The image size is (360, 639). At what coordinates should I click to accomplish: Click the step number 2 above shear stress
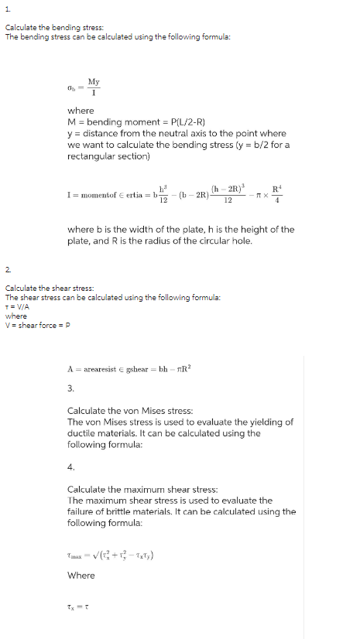(x=8, y=268)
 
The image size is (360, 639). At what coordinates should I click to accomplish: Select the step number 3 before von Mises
(x=70, y=388)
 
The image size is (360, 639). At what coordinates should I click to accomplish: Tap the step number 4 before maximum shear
(x=70, y=466)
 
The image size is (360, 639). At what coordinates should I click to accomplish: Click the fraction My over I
(x=94, y=87)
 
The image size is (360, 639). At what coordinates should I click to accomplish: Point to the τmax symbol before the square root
(x=76, y=551)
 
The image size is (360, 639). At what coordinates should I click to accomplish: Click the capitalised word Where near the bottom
(x=81, y=575)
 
